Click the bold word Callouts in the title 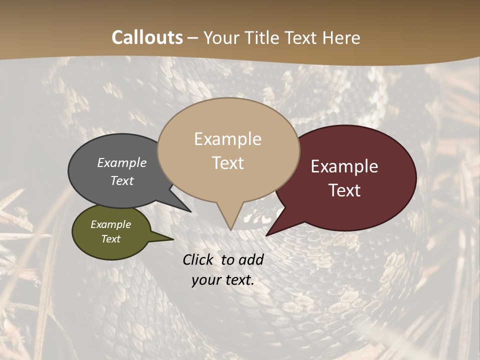point(147,37)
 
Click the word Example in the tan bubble point(227,139)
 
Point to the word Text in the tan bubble point(227,163)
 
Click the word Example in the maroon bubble point(344,166)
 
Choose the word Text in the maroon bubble point(344,190)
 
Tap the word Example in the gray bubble point(121,163)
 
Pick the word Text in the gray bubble point(121,180)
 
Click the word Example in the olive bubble point(110,224)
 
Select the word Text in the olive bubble point(110,239)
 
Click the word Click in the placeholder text point(199,259)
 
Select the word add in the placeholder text point(251,259)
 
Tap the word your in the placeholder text point(205,280)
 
